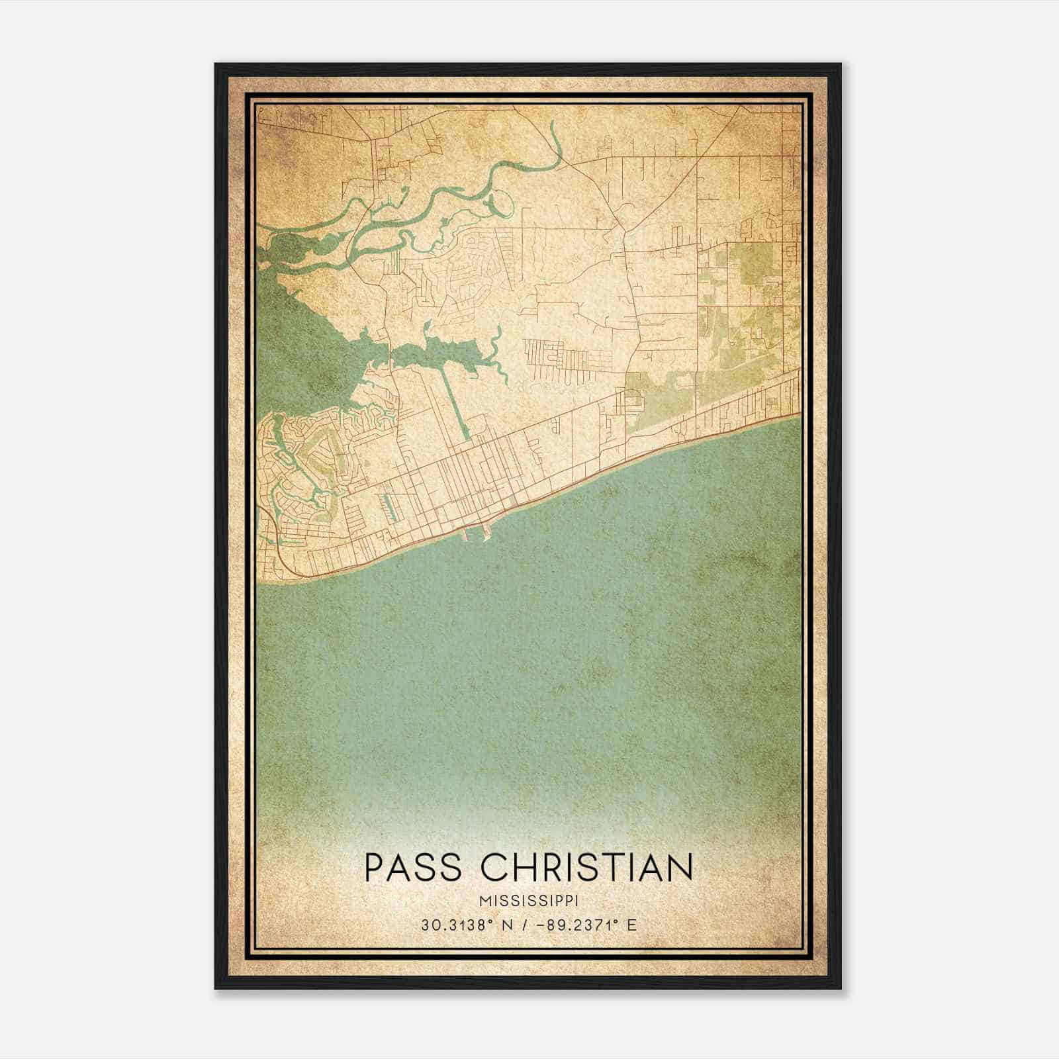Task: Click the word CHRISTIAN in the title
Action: pyautogui.click(x=586, y=867)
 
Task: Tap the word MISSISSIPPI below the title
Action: pyautogui.click(x=529, y=901)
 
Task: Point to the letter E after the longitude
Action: pyautogui.click(x=632, y=925)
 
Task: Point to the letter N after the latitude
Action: pyautogui.click(x=508, y=925)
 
